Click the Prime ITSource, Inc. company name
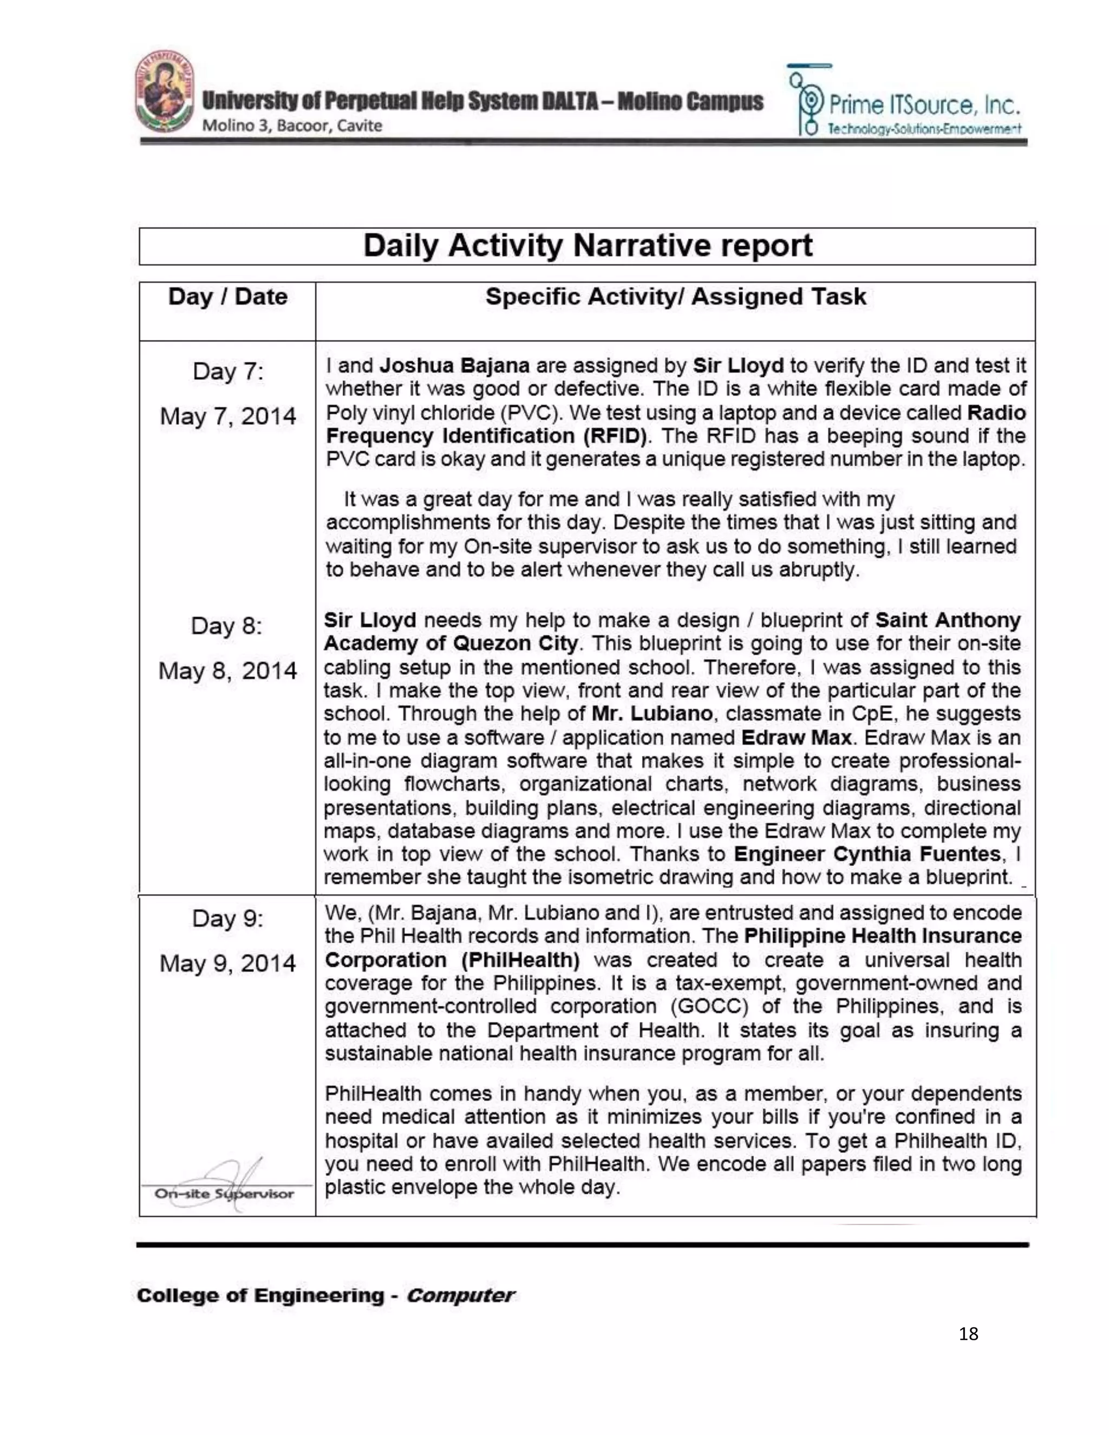(924, 105)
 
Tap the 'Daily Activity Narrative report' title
(588, 246)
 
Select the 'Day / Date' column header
(227, 297)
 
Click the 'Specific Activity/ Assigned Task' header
(675, 297)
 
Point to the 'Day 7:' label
(227, 372)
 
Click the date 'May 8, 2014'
(227, 671)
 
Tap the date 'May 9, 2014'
(227, 963)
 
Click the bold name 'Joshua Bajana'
(455, 366)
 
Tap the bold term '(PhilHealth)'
(520, 960)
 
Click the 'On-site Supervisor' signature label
(224, 1194)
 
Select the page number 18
(968, 1334)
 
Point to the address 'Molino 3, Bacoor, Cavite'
(292, 126)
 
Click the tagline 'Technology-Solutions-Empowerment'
(924, 129)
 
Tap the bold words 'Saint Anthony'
(948, 620)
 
